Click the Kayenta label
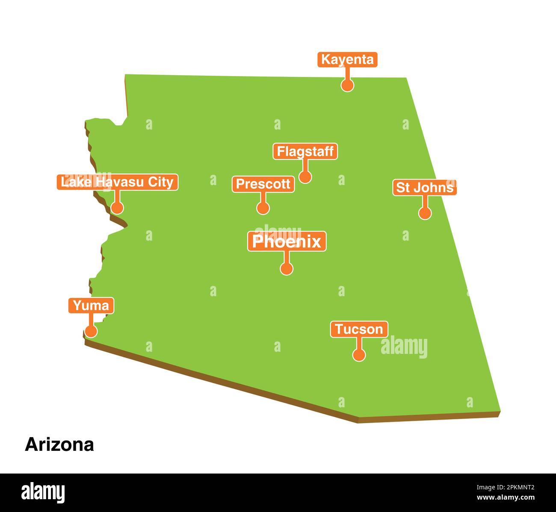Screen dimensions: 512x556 pos(347,59)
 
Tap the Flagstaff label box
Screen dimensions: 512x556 pos(305,151)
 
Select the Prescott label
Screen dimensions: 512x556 pos(263,184)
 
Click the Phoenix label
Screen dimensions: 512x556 pos(287,241)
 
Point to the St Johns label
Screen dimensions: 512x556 pos(424,188)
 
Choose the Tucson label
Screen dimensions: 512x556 pos(359,329)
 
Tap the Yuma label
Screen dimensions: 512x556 pos(91,306)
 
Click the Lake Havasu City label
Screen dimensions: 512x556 pos(117,182)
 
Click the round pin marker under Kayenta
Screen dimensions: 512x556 pos(347,85)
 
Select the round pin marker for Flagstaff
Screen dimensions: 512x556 pos(305,177)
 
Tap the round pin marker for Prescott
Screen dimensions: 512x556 pos(263,208)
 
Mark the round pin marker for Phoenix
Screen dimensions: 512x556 pos(287,268)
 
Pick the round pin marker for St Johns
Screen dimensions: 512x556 pos(425,213)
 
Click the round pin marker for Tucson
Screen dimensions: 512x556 pos(359,355)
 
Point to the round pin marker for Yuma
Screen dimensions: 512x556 pos(91,331)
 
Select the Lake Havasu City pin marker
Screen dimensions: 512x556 pos(117,208)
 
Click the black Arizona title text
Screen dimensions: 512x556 pos(59,444)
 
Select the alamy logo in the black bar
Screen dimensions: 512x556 pos(43,492)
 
